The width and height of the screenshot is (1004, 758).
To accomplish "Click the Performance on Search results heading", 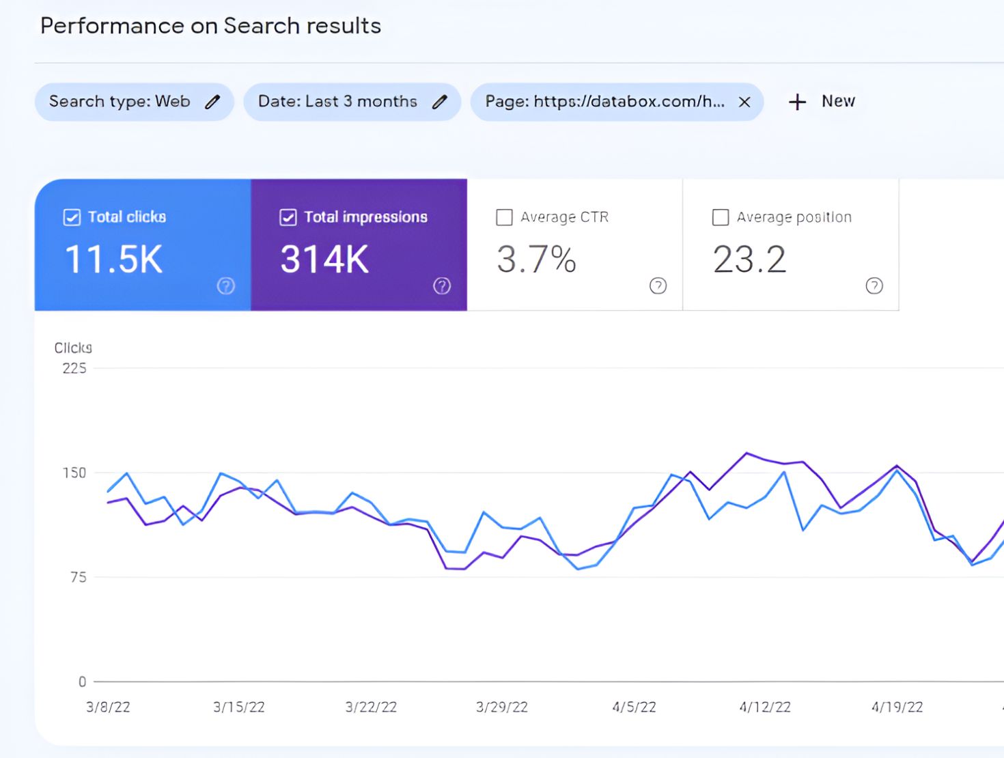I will pyautogui.click(x=210, y=26).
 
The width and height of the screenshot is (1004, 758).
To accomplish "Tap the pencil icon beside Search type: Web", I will pyautogui.click(x=213, y=102).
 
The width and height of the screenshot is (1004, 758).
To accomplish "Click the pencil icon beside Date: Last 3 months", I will pyautogui.click(x=440, y=102).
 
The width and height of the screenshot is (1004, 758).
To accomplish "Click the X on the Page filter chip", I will pyautogui.click(x=744, y=102).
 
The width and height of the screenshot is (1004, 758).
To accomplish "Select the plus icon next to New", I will pyautogui.click(x=797, y=102).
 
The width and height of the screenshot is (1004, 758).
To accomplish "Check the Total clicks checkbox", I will pyautogui.click(x=72, y=217).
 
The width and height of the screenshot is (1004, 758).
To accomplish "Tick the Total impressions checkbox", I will pyautogui.click(x=288, y=217).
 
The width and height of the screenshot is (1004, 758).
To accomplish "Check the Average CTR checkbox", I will pyautogui.click(x=504, y=217).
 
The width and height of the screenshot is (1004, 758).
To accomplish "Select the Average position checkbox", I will pyautogui.click(x=721, y=217).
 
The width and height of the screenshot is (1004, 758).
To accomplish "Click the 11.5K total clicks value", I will pyautogui.click(x=114, y=259).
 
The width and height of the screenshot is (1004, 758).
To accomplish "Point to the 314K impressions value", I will pyautogui.click(x=324, y=259).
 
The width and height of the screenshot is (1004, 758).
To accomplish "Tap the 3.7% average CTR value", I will pyautogui.click(x=536, y=259).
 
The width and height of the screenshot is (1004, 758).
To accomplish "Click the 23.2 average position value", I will pyautogui.click(x=749, y=259).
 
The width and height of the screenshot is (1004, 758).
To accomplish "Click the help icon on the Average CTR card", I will pyautogui.click(x=658, y=285).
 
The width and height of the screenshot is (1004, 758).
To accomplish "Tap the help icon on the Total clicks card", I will pyautogui.click(x=225, y=285).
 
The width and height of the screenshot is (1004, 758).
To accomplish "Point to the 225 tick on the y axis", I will pyautogui.click(x=74, y=369).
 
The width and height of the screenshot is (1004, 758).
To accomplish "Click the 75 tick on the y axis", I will pyautogui.click(x=79, y=577).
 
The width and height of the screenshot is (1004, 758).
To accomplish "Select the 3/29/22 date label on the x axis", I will pyautogui.click(x=502, y=707).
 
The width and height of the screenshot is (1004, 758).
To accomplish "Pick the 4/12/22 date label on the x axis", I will pyautogui.click(x=765, y=707).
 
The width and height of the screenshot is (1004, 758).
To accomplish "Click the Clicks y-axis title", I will pyautogui.click(x=73, y=348).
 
